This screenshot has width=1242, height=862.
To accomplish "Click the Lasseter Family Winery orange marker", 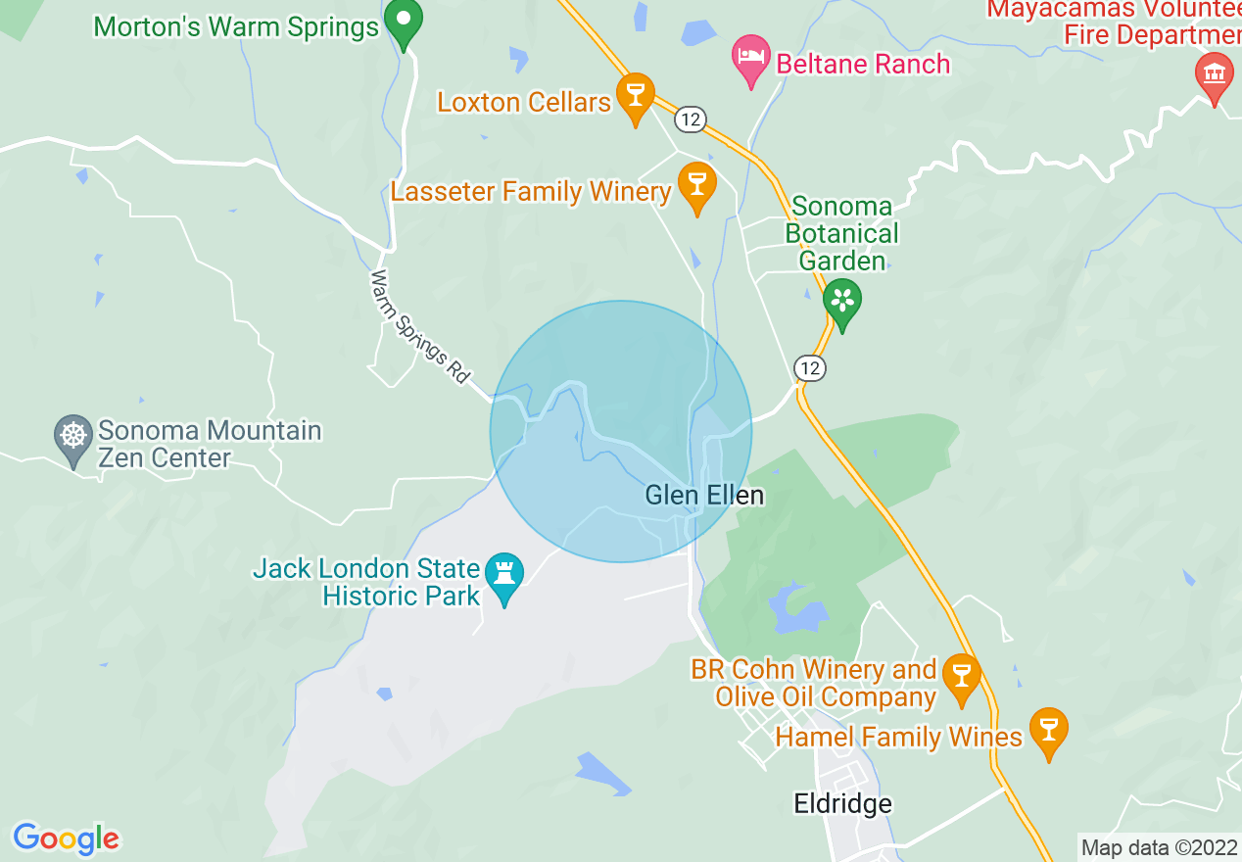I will tap(696, 185).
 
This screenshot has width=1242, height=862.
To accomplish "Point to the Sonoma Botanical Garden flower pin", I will tap(841, 301).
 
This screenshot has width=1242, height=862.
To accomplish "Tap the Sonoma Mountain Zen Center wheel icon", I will tap(73, 437).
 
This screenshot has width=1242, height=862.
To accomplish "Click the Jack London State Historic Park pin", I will tap(504, 578).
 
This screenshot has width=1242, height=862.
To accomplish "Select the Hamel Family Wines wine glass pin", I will tap(1048, 731).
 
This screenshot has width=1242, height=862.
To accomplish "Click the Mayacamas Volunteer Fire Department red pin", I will tap(1214, 75).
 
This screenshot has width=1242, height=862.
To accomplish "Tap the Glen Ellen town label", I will tap(703, 496).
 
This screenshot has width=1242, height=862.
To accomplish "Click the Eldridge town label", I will tap(842, 804).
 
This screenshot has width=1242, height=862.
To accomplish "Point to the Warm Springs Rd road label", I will tap(420, 326).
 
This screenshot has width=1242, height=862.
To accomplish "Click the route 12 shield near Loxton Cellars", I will tap(691, 119).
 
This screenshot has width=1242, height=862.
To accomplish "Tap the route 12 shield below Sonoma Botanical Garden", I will tap(809, 367).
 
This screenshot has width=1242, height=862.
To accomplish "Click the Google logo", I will tap(66, 838).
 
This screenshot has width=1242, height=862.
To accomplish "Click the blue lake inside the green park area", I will tap(799, 611).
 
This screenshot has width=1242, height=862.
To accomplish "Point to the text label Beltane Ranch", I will tap(863, 64).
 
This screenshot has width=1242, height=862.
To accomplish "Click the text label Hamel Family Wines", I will tap(898, 736).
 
